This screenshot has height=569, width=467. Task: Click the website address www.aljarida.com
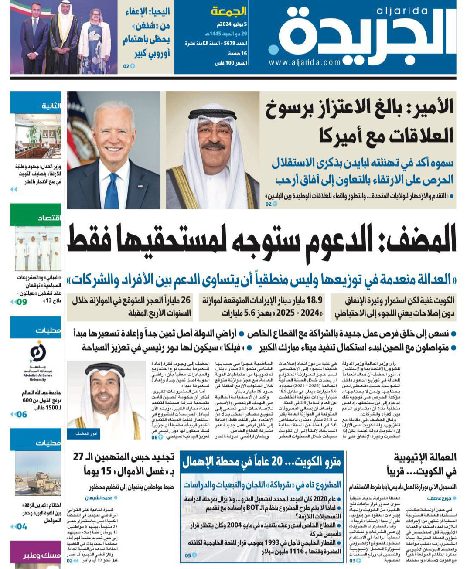click(x=304, y=62)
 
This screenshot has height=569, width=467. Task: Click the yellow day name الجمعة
click(x=229, y=11)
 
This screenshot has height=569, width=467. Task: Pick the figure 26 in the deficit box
click(x=186, y=300)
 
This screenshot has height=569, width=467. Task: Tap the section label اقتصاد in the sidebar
click(x=49, y=218)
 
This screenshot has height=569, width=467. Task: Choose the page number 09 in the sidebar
click(x=22, y=302)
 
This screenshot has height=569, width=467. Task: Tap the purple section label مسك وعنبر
click(x=42, y=555)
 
